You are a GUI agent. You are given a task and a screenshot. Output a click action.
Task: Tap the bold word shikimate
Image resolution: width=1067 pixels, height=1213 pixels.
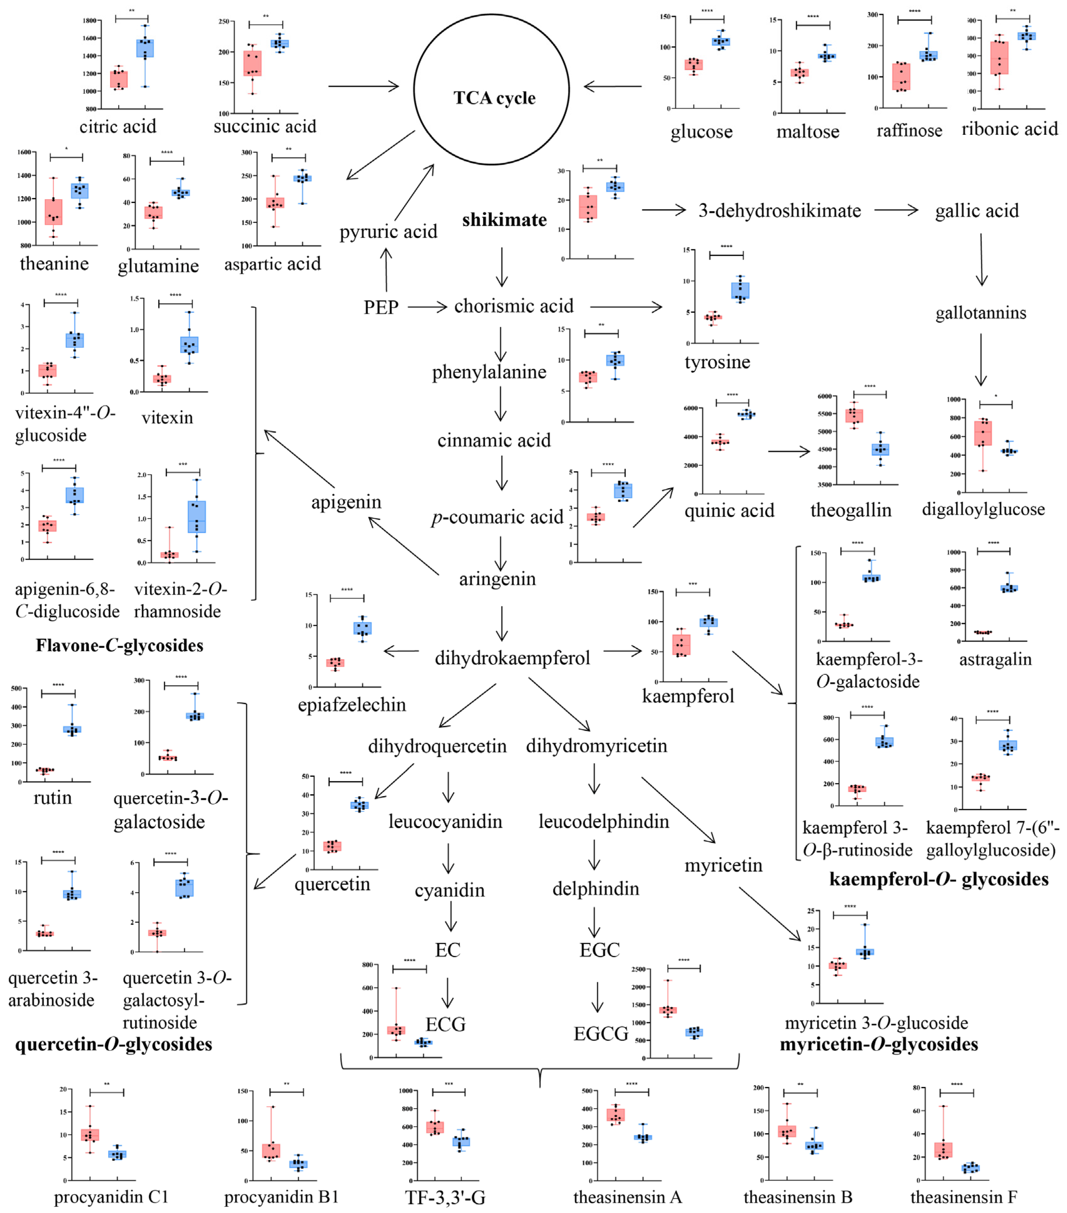[504, 220]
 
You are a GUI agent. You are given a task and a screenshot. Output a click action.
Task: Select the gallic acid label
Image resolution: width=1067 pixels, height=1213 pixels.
[977, 211]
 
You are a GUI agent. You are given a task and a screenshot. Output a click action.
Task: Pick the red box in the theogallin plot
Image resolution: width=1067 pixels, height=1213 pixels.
[854, 415]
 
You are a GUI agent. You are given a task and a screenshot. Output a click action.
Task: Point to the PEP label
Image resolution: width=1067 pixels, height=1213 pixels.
[380, 307]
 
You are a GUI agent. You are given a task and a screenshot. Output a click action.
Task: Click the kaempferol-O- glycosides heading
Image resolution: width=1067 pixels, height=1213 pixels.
[939, 879]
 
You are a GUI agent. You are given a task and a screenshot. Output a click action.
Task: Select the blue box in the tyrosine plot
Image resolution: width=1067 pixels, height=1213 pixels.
[740, 290]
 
